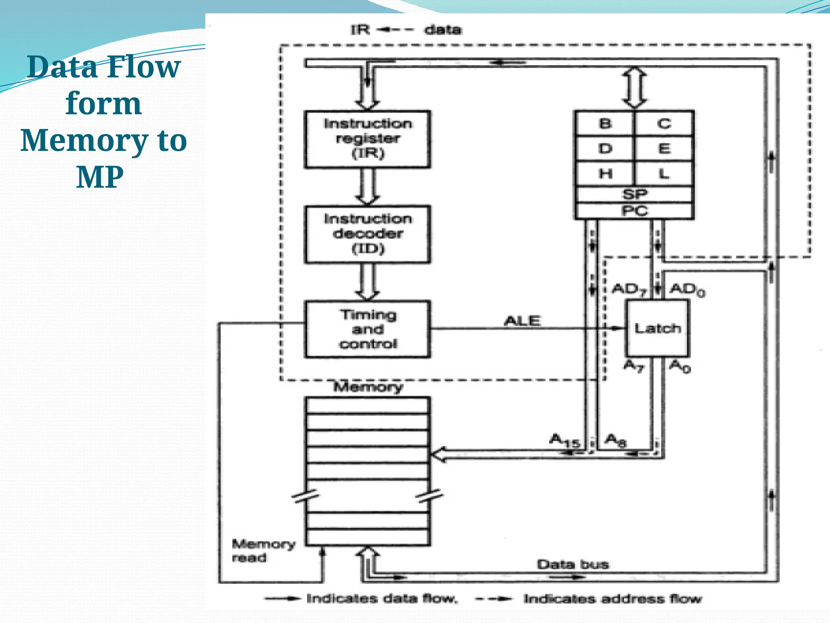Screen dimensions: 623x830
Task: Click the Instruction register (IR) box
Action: click(x=367, y=139)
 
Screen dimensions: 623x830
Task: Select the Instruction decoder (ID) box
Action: click(x=367, y=234)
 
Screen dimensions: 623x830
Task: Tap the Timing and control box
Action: click(x=367, y=329)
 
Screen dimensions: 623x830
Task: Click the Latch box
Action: click(x=657, y=328)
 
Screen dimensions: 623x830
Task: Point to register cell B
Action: click(x=605, y=123)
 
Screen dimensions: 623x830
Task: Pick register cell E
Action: click(x=664, y=148)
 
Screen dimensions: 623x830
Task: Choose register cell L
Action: click(x=664, y=174)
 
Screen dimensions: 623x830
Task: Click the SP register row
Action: click(x=635, y=194)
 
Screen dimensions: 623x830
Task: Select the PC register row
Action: click(x=635, y=211)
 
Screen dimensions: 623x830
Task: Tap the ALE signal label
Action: click(x=522, y=321)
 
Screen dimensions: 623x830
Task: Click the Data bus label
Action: click(x=572, y=564)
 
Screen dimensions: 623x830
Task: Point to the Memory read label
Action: click(x=263, y=550)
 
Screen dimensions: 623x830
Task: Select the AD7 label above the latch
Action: click(x=629, y=290)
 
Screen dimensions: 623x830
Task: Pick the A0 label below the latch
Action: click(x=680, y=366)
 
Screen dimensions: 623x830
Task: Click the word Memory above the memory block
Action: click(x=368, y=387)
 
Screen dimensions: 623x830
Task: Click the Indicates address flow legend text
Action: click(x=612, y=599)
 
